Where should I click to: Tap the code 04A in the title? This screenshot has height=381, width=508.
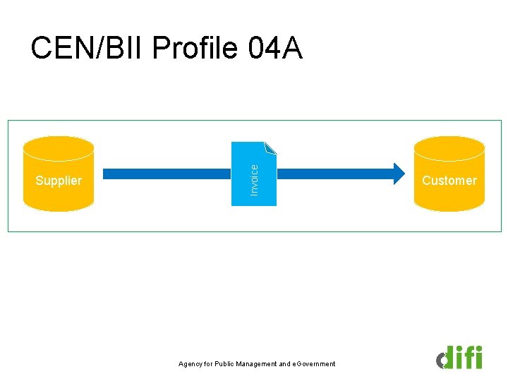pos(276,49)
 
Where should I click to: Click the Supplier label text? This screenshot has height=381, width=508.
pos(59,181)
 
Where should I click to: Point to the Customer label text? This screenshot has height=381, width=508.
pos(449,181)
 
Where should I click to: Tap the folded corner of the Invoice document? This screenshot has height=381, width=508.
pos(271,147)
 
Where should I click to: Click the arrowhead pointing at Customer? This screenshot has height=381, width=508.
pos(398,172)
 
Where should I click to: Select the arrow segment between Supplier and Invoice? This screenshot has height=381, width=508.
pos(167,172)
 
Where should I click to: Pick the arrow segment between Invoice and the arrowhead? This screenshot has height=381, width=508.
pos(332,172)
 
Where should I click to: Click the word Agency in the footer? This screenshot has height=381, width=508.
pos(190,364)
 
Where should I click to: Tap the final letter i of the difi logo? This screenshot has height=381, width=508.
pos(478,357)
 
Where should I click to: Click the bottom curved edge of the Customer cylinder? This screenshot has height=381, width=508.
pos(449,209)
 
